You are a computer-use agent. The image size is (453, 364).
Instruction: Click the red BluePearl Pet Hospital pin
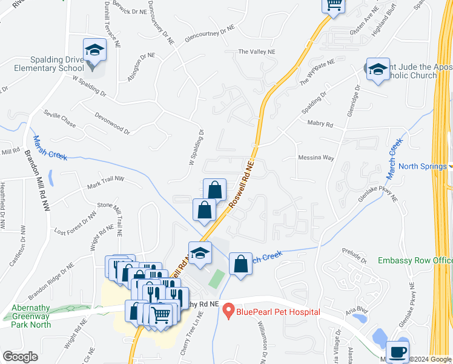coord(228,311)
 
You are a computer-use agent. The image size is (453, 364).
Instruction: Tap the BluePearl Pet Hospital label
coord(278,312)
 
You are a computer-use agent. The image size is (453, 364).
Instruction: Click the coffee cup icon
coord(397,351)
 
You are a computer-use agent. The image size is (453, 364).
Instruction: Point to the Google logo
coord(20,357)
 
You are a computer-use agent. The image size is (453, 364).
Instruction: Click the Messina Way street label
coord(316,158)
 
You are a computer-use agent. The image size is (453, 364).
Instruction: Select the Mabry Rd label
coord(320,124)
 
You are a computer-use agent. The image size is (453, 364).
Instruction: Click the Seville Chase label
coord(60,118)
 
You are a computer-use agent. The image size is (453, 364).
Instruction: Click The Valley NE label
coord(256,52)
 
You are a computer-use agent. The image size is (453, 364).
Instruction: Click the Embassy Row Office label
coord(415,260)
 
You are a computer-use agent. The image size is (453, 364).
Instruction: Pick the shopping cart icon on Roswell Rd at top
coord(333,5)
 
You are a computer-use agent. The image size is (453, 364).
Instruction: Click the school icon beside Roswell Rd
coord(199,254)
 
